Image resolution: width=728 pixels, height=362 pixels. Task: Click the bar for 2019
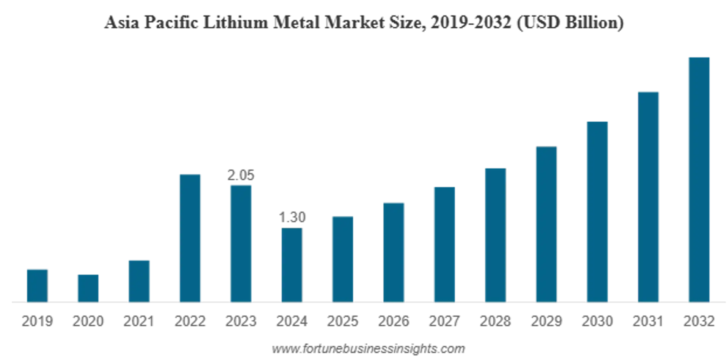coord(37,285)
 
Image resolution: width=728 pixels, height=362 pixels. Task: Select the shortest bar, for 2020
coord(88,288)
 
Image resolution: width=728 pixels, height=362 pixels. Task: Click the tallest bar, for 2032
coord(699,179)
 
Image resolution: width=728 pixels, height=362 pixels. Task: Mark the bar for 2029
coord(546,224)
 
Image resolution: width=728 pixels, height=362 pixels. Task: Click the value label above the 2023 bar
coord(241,175)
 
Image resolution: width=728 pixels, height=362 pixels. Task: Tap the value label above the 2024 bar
coord(292,217)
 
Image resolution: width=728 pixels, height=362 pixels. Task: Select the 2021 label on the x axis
coord(138,321)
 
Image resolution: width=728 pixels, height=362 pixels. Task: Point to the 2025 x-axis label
coord(343,321)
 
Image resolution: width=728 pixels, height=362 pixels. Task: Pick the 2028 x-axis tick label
coord(495,321)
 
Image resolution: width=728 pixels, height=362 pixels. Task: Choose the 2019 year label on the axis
coord(37,321)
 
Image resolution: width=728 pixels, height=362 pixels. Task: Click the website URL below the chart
coord(368,349)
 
